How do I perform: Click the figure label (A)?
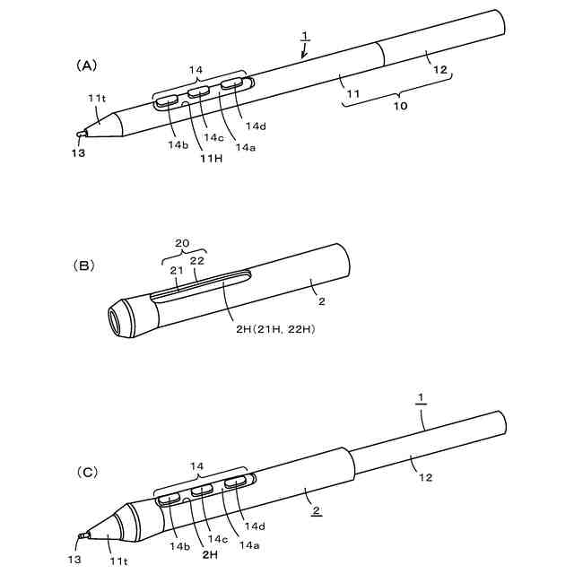click(85, 65)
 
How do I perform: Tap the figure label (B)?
click(86, 265)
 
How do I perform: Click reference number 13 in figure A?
click(78, 153)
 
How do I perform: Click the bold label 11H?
click(211, 159)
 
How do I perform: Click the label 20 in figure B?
click(182, 243)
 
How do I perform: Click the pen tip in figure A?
click(82, 134)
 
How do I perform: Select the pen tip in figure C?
click(81, 537)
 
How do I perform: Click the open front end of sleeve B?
click(118, 320)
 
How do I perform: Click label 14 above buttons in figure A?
click(196, 69)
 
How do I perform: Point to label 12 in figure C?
click(424, 476)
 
